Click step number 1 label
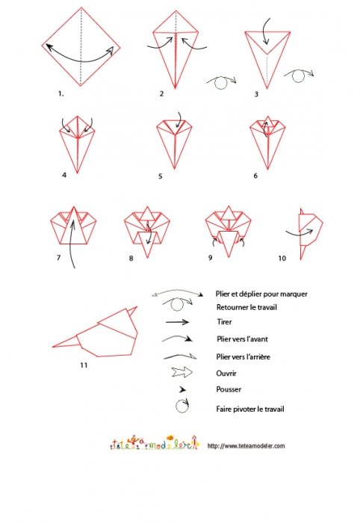click(60, 93)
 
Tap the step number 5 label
click(161, 176)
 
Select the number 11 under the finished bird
click(84, 365)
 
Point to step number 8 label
click(131, 259)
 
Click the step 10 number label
click(282, 259)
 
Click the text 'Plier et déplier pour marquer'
click(261, 294)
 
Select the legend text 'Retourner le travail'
click(246, 307)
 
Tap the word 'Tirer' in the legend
click(224, 322)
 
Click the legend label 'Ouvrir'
click(226, 374)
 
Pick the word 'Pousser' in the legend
click(229, 389)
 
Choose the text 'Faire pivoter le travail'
click(250, 409)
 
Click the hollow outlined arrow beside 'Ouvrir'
click(182, 372)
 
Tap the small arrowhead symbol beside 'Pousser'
click(183, 389)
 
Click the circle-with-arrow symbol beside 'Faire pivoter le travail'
click(182, 406)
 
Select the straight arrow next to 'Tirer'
click(177, 322)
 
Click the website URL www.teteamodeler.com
click(246, 446)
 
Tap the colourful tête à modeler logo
click(154, 442)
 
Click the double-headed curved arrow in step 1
click(81, 61)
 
